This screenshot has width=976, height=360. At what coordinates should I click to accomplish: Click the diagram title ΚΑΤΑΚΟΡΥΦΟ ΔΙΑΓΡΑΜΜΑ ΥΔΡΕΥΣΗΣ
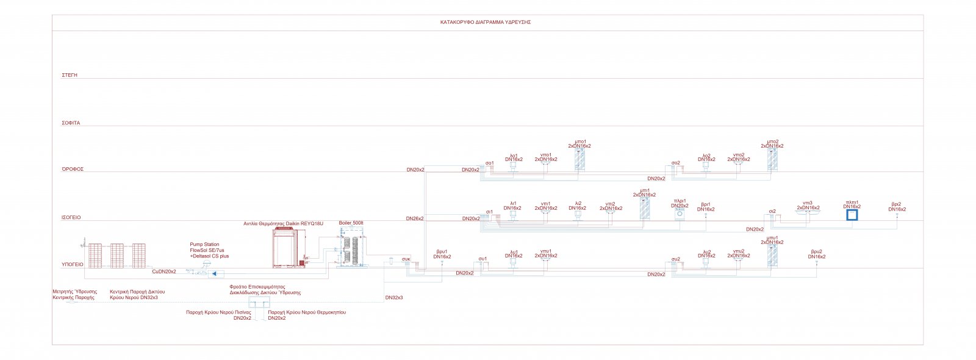[486, 22]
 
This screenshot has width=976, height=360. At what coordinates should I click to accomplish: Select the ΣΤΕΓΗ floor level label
[70, 75]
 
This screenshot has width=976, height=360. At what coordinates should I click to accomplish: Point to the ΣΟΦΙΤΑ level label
[71, 123]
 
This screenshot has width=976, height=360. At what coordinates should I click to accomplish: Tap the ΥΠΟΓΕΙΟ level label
[72, 265]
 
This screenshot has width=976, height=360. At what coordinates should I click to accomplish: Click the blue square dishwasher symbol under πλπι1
[852, 215]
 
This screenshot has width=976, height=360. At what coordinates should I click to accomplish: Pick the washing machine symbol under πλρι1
[680, 215]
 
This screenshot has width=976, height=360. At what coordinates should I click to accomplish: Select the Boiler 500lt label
[351, 223]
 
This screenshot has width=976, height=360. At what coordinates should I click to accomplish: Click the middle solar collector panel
[117, 256]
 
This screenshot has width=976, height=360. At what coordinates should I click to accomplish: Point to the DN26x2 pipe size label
[415, 218]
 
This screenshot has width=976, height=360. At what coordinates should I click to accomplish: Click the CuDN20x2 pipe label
[164, 272]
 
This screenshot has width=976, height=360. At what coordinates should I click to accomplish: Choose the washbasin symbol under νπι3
[808, 214]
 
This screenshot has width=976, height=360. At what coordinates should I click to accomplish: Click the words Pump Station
[204, 245]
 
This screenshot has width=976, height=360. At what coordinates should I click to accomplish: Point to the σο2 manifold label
[675, 163]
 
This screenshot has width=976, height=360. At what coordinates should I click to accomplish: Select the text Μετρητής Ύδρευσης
[75, 292]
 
